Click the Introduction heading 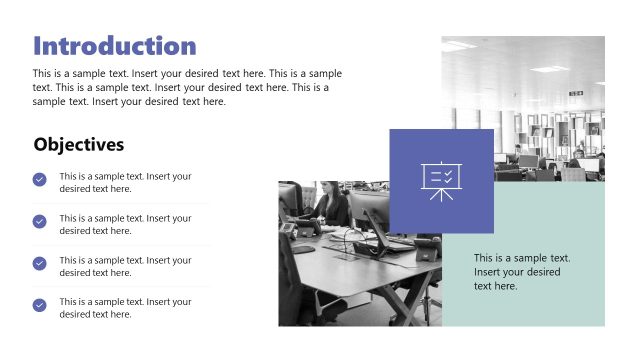(115, 46)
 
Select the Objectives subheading (79, 144)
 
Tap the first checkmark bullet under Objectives (40, 180)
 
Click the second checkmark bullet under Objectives (40, 221)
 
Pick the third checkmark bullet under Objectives (40, 263)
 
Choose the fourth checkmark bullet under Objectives (40, 305)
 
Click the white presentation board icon (440, 181)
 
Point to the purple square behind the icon (410, 150)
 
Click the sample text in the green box (522, 272)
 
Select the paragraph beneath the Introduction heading (187, 87)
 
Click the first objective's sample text (125, 182)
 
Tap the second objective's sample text (125, 224)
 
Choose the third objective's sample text (125, 266)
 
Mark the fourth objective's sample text (125, 308)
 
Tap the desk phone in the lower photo (289, 229)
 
